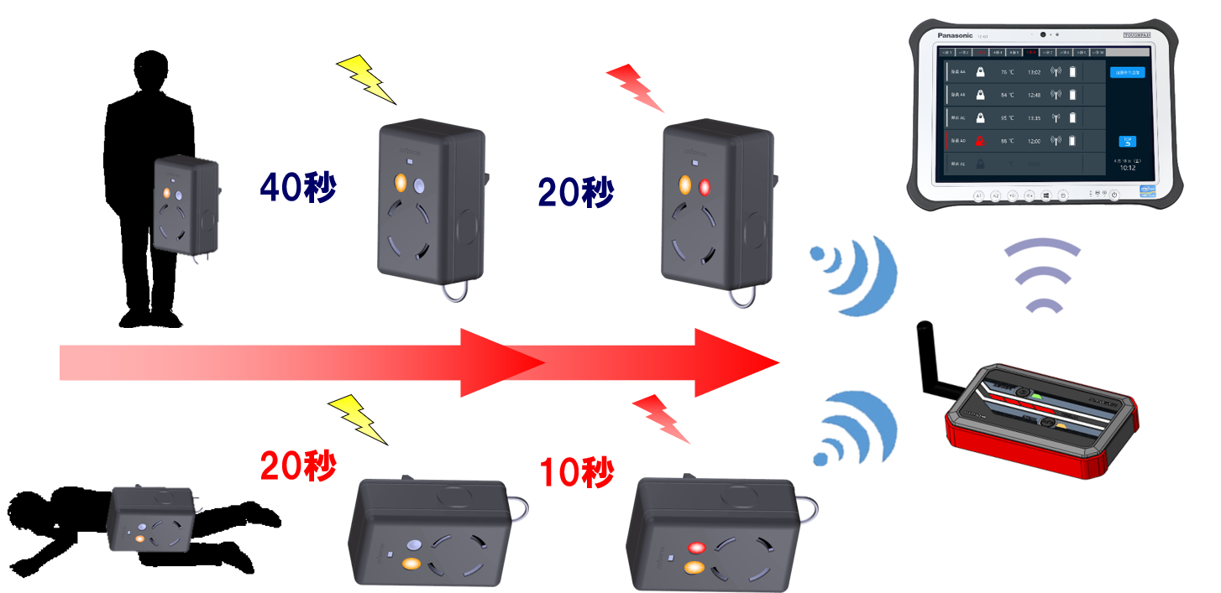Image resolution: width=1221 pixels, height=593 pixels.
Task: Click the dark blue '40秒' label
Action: coord(298,188)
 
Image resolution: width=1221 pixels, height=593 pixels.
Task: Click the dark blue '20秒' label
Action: coord(576,194)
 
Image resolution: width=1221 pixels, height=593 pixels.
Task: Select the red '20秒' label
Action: coord(298,466)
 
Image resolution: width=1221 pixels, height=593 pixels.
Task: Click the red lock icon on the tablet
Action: coord(979,141)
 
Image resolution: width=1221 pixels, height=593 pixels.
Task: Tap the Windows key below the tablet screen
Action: coord(1047,195)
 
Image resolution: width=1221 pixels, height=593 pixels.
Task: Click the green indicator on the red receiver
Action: coord(1036,397)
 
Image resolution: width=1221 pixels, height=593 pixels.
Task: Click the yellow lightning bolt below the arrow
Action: coord(358,418)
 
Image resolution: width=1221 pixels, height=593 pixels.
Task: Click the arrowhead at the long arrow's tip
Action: coord(739,362)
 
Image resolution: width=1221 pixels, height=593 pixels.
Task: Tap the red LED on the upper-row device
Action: coord(704,186)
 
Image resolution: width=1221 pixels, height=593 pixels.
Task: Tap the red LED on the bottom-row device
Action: coord(696,548)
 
